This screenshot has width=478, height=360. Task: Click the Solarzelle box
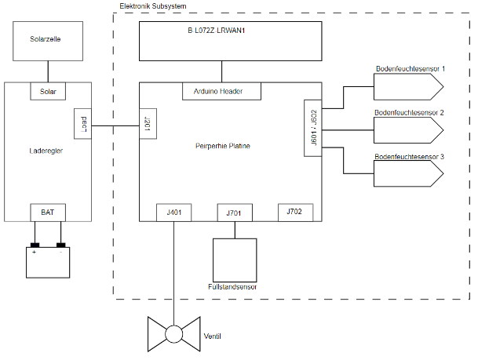click(x=48, y=42)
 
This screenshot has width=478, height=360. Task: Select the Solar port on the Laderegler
click(x=48, y=92)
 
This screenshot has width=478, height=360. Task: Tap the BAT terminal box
click(x=48, y=213)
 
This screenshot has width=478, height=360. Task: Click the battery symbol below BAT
click(x=48, y=261)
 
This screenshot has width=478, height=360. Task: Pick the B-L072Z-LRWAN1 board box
click(x=231, y=41)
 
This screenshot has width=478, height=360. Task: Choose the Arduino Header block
click(x=222, y=92)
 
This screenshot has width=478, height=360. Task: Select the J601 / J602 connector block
click(x=312, y=127)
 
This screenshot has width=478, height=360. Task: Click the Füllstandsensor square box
click(x=235, y=260)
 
